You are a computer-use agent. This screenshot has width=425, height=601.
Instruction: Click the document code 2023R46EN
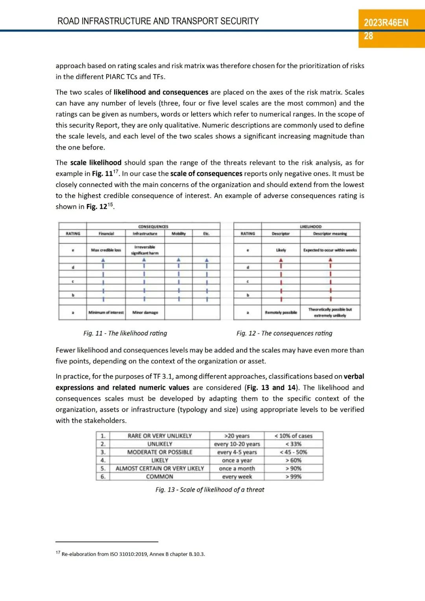(x=386, y=22)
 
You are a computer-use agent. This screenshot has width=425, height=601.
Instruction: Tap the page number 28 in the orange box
(x=368, y=36)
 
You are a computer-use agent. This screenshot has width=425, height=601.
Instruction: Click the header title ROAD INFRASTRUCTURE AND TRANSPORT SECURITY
(x=158, y=21)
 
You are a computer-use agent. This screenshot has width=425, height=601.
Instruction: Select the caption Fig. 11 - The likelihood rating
(x=125, y=333)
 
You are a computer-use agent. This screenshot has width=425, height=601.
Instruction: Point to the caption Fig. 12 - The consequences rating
(x=284, y=333)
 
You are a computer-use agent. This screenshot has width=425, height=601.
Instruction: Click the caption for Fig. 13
(x=210, y=490)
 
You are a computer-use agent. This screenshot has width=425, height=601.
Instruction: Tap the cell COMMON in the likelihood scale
(x=159, y=477)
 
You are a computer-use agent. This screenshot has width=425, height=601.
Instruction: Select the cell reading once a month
(x=237, y=468)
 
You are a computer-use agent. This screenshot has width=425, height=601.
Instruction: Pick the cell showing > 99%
(x=294, y=477)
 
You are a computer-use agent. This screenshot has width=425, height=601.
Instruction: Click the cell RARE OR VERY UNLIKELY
(x=159, y=436)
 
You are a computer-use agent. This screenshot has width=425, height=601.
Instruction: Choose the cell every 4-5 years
(x=237, y=452)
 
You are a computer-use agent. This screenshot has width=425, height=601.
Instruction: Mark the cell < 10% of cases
(x=294, y=436)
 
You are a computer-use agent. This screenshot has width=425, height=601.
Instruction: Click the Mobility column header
(x=178, y=234)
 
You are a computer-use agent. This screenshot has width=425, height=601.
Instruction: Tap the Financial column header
(x=106, y=234)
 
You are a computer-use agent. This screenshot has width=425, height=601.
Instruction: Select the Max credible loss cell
(x=106, y=250)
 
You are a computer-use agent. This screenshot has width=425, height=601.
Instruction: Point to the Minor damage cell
(x=145, y=312)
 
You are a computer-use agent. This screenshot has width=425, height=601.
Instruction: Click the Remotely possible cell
(x=281, y=312)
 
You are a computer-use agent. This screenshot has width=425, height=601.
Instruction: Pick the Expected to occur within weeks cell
(x=330, y=250)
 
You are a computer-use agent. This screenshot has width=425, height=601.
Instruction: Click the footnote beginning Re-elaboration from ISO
(x=133, y=554)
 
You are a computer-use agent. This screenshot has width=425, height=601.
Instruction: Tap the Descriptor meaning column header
(x=330, y=234)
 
